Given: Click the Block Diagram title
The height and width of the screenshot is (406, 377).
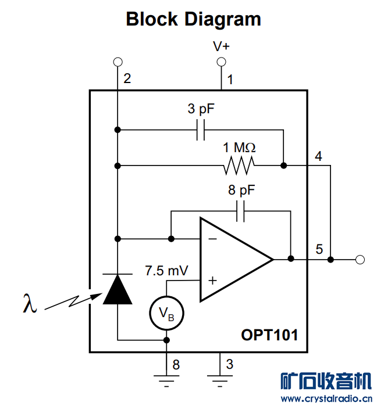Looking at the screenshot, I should (x=193, y=19).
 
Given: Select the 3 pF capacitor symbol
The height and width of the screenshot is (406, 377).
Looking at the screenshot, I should (x=201, y=130).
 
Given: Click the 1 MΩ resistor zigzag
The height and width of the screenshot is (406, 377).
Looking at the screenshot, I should (x=239, y=166).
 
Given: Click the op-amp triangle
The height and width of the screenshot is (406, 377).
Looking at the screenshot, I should (x=233, y=260).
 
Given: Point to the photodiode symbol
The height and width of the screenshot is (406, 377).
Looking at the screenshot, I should (x=118, y=289).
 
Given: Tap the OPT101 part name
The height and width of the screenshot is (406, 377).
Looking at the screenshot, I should (x=269, y=335).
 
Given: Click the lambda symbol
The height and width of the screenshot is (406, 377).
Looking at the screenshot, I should (x=30, y=303).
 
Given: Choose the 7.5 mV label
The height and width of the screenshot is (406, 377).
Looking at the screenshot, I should (x=166, y=271).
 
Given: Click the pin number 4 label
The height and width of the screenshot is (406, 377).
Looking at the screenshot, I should (x=318, y=157).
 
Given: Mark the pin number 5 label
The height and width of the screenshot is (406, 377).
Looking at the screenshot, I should (x=319, y=249).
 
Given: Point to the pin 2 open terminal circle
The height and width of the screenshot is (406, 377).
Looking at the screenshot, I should (x=118, y=62).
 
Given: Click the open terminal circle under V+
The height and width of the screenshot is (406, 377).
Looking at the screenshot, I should (x=220, y=62).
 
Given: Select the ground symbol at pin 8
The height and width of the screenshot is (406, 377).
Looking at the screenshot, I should (x=166, y=379).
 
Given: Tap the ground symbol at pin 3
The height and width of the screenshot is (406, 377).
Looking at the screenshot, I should (x=220, y=379).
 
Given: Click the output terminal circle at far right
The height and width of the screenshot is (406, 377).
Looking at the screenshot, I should (x=360, y=259).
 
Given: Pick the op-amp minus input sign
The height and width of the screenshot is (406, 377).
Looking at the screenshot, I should (x=212, y=239).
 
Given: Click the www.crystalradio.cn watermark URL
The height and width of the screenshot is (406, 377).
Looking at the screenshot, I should (x=326, y=399).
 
